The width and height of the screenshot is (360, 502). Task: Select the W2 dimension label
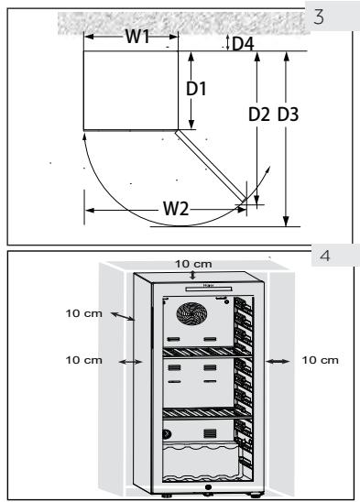pos(178,209)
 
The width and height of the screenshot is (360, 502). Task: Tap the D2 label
pos(261,115)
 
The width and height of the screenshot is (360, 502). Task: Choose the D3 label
pos(289,115)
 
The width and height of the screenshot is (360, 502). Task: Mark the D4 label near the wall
pos(242,42)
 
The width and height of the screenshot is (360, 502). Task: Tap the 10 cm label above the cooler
pos(193,264)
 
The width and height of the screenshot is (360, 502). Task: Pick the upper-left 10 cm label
pos(83,314)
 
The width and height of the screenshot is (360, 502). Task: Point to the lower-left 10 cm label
pos(83,360)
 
